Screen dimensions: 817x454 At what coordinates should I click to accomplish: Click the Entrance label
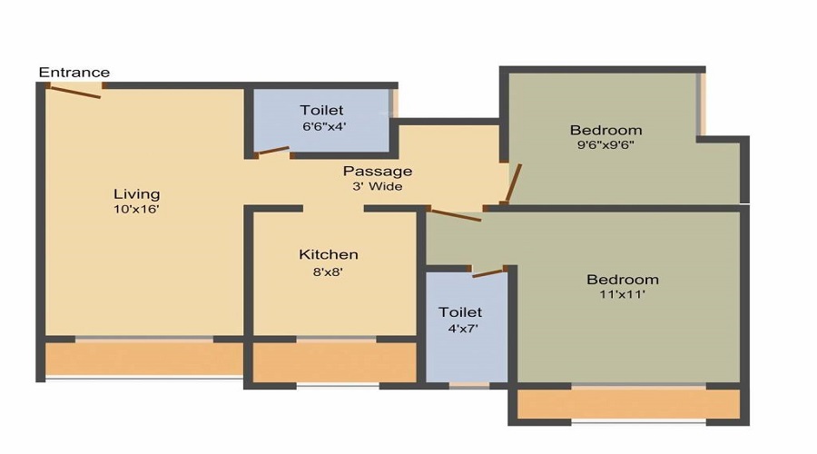(x=74, y=72)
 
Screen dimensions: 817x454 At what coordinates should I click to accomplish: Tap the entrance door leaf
(x=74, y=92)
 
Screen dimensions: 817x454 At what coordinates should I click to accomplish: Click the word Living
(x=136, y=194)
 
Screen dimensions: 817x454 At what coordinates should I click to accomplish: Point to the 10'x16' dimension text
(x=136, y=210)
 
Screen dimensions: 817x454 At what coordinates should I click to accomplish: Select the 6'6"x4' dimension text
(x=324, y=126)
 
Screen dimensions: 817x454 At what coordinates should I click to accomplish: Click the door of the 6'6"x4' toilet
(x=273, y=151)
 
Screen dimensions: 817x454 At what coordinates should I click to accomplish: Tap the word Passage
(x=378, y=171)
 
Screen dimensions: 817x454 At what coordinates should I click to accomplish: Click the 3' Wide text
(x=378, y=187)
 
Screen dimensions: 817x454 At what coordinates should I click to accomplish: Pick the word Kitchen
(x=329, y=254)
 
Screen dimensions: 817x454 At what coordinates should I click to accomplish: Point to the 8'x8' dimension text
(x=329, y=271)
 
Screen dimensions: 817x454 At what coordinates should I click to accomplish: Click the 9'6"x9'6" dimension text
(x=605, y=145)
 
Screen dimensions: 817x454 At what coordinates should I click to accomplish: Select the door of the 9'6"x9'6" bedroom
(x=513, y=183)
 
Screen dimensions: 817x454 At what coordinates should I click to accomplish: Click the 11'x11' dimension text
(x=622, y=294)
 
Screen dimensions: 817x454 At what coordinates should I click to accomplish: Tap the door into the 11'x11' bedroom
(x=455, y=215)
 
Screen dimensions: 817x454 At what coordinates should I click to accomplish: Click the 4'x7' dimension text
(x=463, y=329)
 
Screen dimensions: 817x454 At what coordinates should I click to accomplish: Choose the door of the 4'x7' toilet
(x=488, y=272)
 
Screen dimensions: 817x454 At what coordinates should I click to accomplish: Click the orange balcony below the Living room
(x=143, y=359)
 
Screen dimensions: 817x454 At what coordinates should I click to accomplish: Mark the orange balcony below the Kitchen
(x=334, y=362)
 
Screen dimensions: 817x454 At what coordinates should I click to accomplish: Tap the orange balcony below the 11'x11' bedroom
(x=629, y=403)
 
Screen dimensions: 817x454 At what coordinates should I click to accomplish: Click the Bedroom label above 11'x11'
(x=622, y=280)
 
